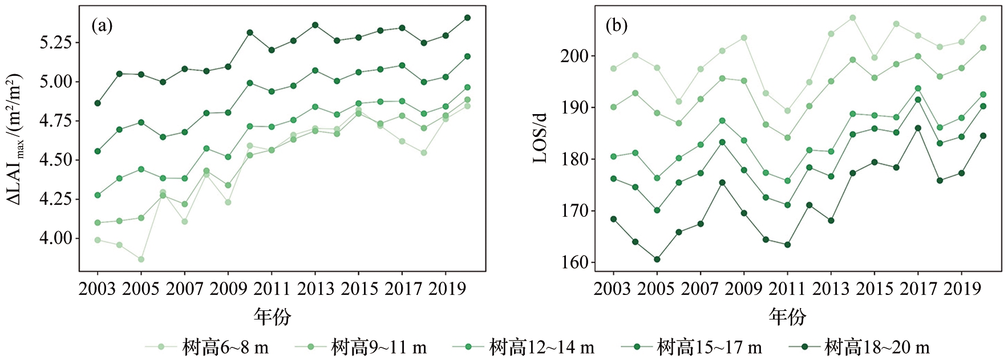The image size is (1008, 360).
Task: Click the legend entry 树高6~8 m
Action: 207,347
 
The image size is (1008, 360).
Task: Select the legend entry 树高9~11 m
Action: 361,347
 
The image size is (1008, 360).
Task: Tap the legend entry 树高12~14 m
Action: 524,347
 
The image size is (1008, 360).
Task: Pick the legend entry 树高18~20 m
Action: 859,347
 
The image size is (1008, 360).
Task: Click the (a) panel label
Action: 102,26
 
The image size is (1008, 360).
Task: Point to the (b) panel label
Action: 617,26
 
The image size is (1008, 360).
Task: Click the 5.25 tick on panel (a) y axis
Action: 56,43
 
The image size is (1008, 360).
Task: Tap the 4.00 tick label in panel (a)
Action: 56,238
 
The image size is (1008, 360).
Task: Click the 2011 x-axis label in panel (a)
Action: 272,289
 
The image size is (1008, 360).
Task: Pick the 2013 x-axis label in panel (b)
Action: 831,289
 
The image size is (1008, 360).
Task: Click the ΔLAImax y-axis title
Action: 14,139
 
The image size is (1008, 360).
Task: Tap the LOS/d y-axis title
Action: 540,139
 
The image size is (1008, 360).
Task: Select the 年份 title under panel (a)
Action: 273,316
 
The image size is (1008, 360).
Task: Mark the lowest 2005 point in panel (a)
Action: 141,260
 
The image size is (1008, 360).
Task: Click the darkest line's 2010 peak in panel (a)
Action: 250,33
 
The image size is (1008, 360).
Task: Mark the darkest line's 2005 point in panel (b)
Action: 657,259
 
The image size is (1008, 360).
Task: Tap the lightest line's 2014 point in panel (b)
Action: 853,18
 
